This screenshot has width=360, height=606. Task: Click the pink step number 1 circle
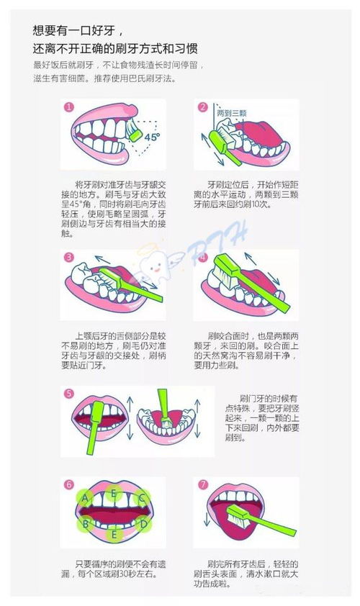[69, 107]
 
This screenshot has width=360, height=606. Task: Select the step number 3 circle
[69, 257]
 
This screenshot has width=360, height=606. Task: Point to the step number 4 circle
[202, 257]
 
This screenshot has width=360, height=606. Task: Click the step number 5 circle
[69, 394]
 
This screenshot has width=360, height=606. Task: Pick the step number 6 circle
[69, 484]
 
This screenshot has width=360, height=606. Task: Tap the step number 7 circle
[202, 484]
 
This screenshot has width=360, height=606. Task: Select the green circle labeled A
[86, 497]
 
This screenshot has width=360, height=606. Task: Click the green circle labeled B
[86, 523]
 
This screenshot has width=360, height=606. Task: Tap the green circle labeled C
[143, 497]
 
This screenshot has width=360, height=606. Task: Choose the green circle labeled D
[143, 523]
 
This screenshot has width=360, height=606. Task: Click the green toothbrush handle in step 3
[140, 288]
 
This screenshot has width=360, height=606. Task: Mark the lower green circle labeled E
[114, 535]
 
